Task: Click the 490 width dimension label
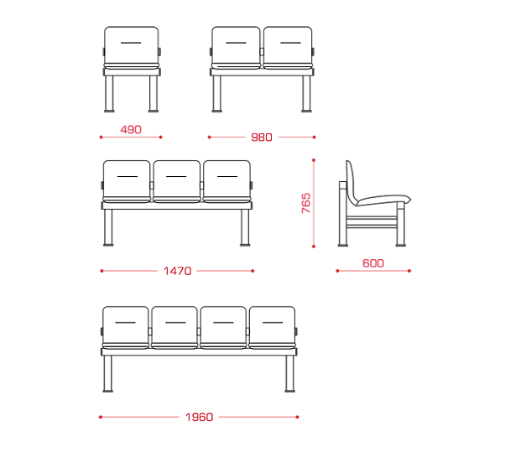[x=131, y=130]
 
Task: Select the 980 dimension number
[x=262, y=138]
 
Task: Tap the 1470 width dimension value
[x=177, y=271]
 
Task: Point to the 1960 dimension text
[x=199, y=417]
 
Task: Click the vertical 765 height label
[x=306, y=203]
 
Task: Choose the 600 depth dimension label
[x=373, y=263]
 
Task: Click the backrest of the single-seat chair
[x=132, y=45]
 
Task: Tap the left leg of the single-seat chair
[x=109, y=94]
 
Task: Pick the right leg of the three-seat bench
[x=245, y=227]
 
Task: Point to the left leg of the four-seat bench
[x=108, y=374]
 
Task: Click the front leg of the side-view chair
[x=401, y=224]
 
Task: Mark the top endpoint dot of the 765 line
[x=314, y=160]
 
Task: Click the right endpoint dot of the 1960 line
[x=297, y=417]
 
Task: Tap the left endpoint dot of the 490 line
[x=101, y=138]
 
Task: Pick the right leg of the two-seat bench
[x=306, y=94]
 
